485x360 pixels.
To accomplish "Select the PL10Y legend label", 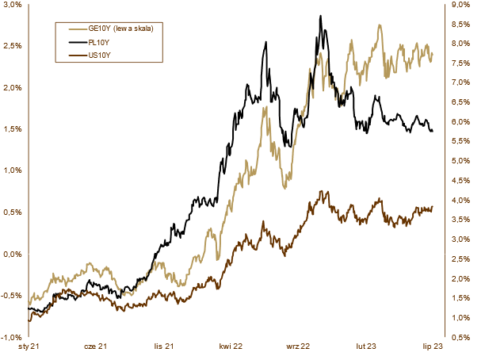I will pos(99,42).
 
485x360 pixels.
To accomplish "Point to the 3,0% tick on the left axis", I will pos(11,5).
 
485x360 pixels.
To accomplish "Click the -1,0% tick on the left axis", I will pos(10,337).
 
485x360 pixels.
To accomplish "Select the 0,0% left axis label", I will pos(11,254).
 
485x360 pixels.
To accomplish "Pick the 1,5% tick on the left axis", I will pos(11,129).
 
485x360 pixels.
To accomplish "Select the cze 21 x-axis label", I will pos(95,347).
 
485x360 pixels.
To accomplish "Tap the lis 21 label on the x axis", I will pos(164,347).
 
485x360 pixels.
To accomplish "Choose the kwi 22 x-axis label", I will pos(231,347).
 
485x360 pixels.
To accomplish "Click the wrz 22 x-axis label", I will pos(299,347).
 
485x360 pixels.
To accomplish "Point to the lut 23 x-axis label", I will pos(365,347).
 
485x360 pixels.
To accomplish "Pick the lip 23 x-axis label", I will pos(432,347).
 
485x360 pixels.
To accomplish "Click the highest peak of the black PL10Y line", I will pos(319,15).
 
